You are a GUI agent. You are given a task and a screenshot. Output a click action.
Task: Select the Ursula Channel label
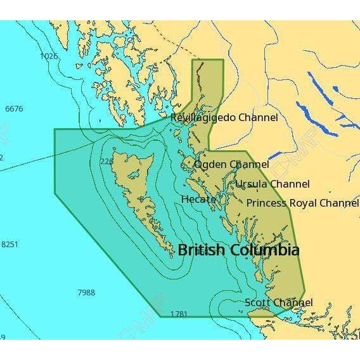tap(273, 184)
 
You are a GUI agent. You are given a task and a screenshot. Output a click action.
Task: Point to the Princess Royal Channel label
tap(302, 203)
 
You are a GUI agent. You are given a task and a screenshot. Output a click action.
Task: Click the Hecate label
tap(198, 199)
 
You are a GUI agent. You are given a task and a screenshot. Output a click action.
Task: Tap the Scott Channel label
tap(278, 303)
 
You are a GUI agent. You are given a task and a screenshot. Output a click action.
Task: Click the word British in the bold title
tap(201, 250)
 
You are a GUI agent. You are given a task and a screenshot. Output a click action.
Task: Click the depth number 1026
tap(49, 56)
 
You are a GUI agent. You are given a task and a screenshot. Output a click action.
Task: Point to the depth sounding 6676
tap(14, 109)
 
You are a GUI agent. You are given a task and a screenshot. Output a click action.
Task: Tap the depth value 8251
tap(10, 245)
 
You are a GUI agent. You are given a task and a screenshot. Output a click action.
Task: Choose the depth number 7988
tap(86, 292)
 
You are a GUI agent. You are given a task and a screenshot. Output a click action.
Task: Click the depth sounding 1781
tap(179, 314)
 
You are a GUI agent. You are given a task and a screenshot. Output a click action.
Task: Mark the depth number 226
tap(106, 162)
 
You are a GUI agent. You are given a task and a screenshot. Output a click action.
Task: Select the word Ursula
tap(251, 184)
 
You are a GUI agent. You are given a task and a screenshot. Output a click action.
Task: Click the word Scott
tap(257, 303)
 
